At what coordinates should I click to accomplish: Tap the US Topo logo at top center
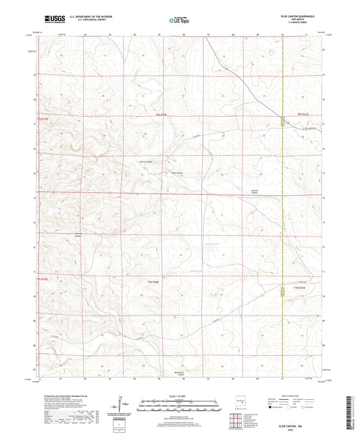(x=179, y=20)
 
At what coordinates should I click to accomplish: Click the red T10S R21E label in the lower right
(x=301, y=288)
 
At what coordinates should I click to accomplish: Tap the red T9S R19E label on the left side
(x=43, y=118)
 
